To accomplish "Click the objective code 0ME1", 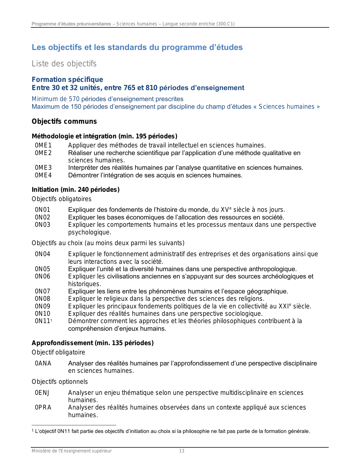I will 43,145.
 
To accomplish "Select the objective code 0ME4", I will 43,175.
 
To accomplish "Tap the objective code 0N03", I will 42,225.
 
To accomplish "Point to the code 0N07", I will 42,291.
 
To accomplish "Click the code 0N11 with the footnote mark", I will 43,321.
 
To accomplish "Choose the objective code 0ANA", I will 43,363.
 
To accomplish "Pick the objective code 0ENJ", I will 42,393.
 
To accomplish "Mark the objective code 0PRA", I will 43,408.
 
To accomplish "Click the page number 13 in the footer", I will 182,451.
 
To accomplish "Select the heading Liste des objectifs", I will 64,64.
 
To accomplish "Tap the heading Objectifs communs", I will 64,121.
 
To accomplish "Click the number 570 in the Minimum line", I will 74,99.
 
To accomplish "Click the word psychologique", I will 90,232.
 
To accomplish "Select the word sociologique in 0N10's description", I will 245,314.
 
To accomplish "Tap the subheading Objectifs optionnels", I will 60,382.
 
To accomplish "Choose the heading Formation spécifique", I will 67,80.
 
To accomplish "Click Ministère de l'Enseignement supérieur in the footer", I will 71,451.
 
